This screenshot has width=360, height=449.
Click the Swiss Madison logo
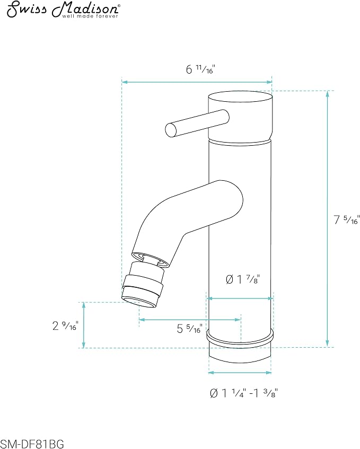(63, 10)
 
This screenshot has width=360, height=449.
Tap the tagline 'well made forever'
(90, 16)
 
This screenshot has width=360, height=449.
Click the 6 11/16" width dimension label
(200, 69)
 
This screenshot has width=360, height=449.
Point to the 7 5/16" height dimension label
(346, 220)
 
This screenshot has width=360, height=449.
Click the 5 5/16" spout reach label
(190, 329)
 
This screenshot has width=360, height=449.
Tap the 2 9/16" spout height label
(65, 325)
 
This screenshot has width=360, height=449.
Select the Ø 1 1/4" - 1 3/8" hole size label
(244, 393)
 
